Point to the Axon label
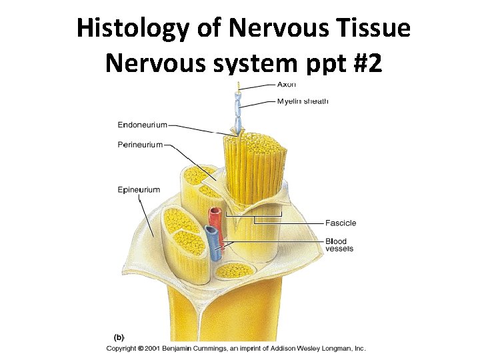point(287,85)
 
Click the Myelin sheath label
point(303,101)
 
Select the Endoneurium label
point(142,125)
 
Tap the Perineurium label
point(140,145)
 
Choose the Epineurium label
point(139,190)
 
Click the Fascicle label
point(341,223)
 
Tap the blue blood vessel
point(213,243)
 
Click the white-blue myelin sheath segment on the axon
point(237,110)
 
